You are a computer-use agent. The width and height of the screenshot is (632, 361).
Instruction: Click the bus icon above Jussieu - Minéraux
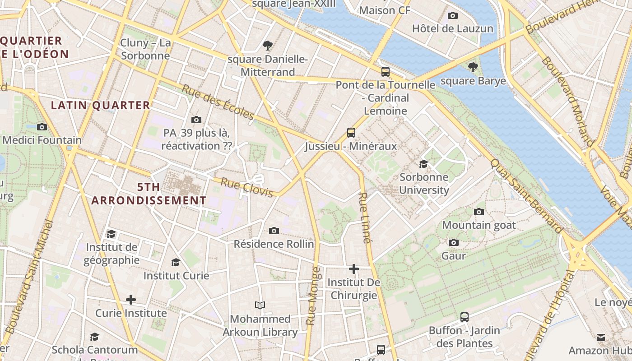pyautogui.click(x=351, y=132)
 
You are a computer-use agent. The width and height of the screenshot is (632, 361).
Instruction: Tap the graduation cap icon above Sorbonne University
pyautogui.click(x=423, y=164)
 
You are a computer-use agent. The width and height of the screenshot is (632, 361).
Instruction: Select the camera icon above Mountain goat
pyautogui.click(x=479, y=212)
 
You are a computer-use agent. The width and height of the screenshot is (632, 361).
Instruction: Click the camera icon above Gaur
pyautogui.click(x=454, y=243)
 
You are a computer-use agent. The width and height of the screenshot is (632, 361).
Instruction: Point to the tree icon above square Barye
pyautogui.click(x=473, y=68)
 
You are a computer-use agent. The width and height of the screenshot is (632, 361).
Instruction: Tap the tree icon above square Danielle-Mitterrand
pyautogui.click(x=268, y=45)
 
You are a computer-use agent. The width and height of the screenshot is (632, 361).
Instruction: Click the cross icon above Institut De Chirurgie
pyautogui.click(x=354, y=269)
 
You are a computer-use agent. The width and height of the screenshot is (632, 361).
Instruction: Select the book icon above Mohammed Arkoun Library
pyautogui.click(x=260, y=305)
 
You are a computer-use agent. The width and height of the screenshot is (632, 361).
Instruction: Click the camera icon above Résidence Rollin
pyautogui.click(x=274, y=231)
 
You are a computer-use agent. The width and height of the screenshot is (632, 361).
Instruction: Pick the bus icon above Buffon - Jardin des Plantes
pyautogui.click(x=465, y=317)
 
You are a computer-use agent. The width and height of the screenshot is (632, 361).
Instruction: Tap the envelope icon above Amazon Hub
pyautogui.click(x=601, y=338)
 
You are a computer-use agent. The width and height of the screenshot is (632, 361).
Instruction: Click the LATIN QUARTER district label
pyautogui.click(x=100, y=106)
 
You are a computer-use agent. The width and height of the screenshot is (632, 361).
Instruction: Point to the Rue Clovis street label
pyautogui.click(x=247, y=187)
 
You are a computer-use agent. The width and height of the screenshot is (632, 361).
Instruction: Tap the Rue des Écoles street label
pyautogui.click(x=218, y=102)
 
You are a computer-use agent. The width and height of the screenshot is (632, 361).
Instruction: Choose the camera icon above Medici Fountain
pyautogui.click(x=42, y=127)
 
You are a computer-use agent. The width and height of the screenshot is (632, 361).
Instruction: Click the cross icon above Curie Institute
pyautogui.click(x=131, y=300)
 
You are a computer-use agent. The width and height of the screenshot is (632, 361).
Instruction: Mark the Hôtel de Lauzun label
pyautogui.click(x=452, y=28)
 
